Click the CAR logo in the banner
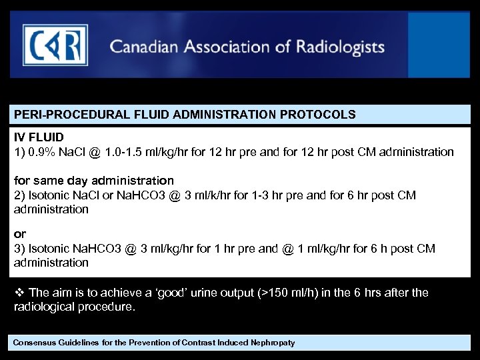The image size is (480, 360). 55,45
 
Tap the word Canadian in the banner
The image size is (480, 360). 141,47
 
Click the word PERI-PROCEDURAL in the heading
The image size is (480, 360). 58,115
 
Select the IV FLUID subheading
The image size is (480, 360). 39,137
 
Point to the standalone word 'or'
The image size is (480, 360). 20,235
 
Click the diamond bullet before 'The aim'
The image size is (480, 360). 19,293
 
